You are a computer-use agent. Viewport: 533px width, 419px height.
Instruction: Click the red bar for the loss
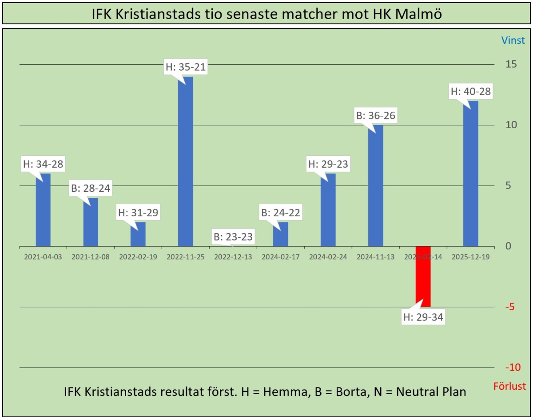[423, 277]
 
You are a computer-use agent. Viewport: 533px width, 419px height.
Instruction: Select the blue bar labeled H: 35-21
[185, 162]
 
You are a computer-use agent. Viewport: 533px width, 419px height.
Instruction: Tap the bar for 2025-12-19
[470, 174]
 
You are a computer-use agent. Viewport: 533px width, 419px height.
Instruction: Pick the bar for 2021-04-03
[43, 210]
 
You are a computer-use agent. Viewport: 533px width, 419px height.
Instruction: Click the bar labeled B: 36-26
[375, 186]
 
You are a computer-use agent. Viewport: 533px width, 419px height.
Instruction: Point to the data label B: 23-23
[233, 237]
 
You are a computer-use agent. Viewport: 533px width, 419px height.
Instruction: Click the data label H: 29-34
[423, 317]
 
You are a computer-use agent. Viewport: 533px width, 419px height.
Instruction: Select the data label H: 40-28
[471, 92]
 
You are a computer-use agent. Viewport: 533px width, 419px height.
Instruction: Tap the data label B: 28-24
[90, 189]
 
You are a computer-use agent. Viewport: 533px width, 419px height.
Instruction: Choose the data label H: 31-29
[138, 213]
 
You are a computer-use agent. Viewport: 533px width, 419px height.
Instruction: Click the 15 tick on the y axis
[511, 64]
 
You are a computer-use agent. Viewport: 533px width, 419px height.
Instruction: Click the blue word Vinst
[513, 40]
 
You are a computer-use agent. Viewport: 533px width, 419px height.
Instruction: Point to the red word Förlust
[509, 386]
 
